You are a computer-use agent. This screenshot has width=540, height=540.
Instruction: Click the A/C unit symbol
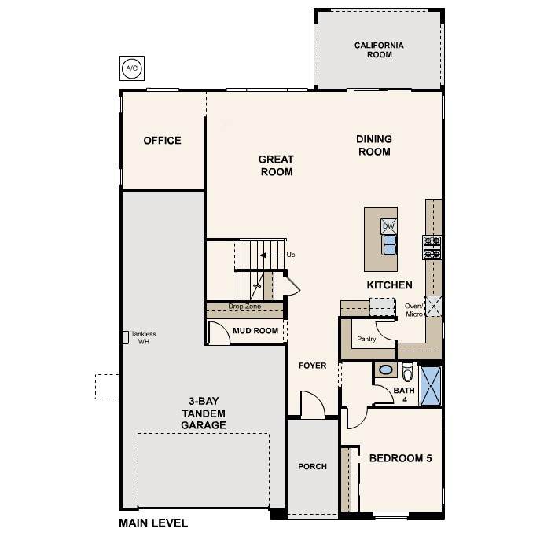tap(132, 68)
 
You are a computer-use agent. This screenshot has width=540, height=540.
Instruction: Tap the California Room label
tap(379, 50)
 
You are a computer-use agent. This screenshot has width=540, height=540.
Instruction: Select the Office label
tap(162, 141)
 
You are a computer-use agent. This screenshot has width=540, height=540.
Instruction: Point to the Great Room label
tap(276, 165)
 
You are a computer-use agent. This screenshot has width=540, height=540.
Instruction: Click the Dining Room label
tap(374, 145)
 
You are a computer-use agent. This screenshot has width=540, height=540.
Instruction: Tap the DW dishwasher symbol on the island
tap(389, 226)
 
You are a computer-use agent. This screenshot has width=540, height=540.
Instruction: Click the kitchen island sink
tap(389, 245)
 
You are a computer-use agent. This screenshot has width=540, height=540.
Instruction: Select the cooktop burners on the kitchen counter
tap(432, 248)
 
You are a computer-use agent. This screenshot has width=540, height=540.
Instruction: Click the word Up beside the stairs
tap(291, 255)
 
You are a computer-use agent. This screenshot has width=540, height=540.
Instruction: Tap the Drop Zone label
tap(244, 307)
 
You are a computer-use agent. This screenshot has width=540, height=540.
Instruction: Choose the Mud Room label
tap(255, 331)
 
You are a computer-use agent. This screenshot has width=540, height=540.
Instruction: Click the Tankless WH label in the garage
tap(143, 337)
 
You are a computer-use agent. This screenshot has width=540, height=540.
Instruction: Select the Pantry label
tap(366, 339)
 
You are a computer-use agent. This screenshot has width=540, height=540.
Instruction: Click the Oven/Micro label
tap(413, 310)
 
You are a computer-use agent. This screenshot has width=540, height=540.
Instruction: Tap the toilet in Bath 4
tap(407, 372)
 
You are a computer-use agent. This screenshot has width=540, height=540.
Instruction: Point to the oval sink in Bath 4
tap(386, 370)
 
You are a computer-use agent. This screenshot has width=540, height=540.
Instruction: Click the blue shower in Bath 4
tap(431, 386)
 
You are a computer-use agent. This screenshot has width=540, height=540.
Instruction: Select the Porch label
tap(312, 466)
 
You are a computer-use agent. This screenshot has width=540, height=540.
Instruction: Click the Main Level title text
tap(153, 523)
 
